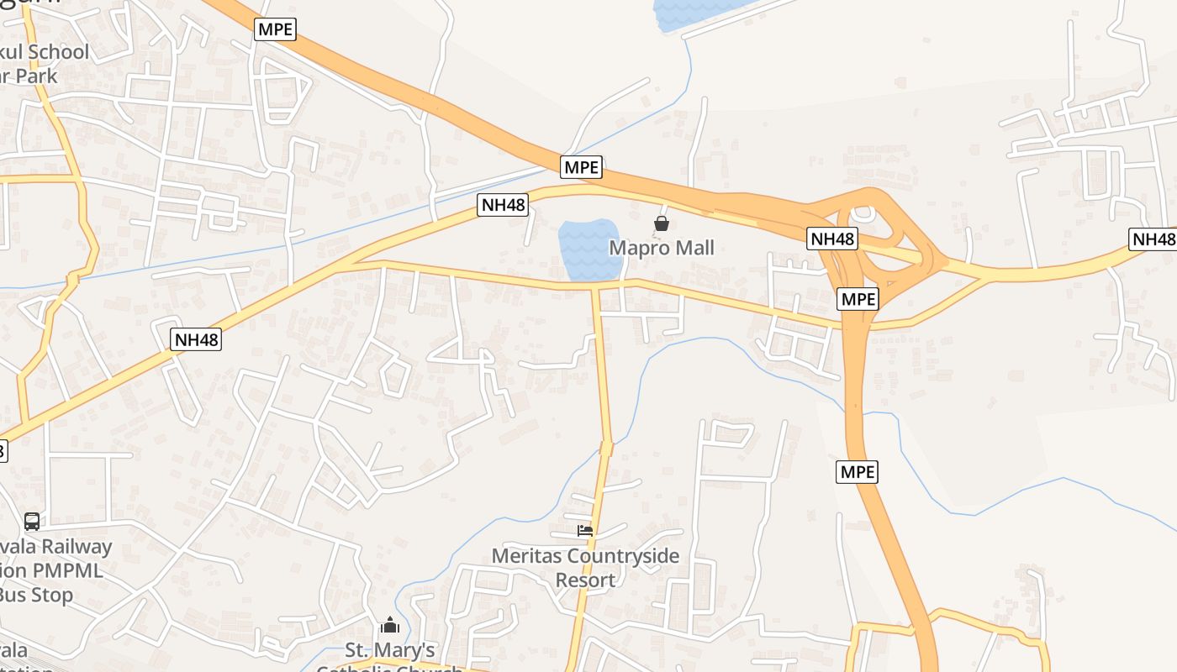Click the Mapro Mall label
(x=662, y=248)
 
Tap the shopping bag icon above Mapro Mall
(x=662, y=223)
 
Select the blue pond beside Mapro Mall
(x=589, y=249)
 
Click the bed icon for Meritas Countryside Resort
(x=585, y=530)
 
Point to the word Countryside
(x=623, y=556)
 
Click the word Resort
(x=585, y=580)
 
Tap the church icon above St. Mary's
(x=389, y=625)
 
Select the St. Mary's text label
(x=391, y=650)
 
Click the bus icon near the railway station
(x=32, y=522)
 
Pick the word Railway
(x=77, y=547)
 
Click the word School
(x=59, y=52)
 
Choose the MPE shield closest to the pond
(x=582, y=167)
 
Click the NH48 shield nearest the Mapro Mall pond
(x=502, y=205)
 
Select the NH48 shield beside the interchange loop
(x=832, y=239)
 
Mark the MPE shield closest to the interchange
(x=858, y=299)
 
